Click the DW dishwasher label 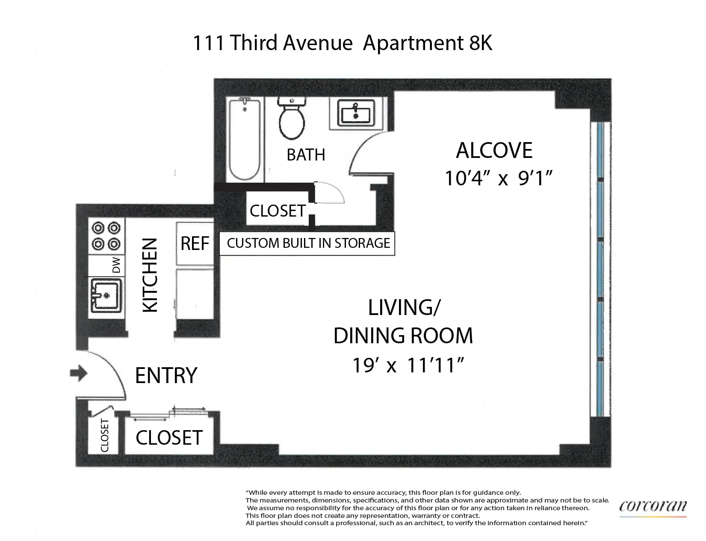click(x=116, y=265)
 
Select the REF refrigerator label click(x=195, y=243)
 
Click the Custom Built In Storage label click(x=308, y=243)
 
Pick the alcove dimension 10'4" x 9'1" click(x=496, y=178)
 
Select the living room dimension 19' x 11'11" click(x=408, y=366)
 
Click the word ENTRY click(x=166, y=375)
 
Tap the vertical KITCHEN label click(x=150, y=275)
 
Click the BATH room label click(x=306, y=155)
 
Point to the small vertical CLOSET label click(x=104, y=436)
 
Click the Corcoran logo click(x=653, y=506)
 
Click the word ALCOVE click(x=494, y=150)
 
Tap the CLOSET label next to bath click(x=278, y=211)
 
